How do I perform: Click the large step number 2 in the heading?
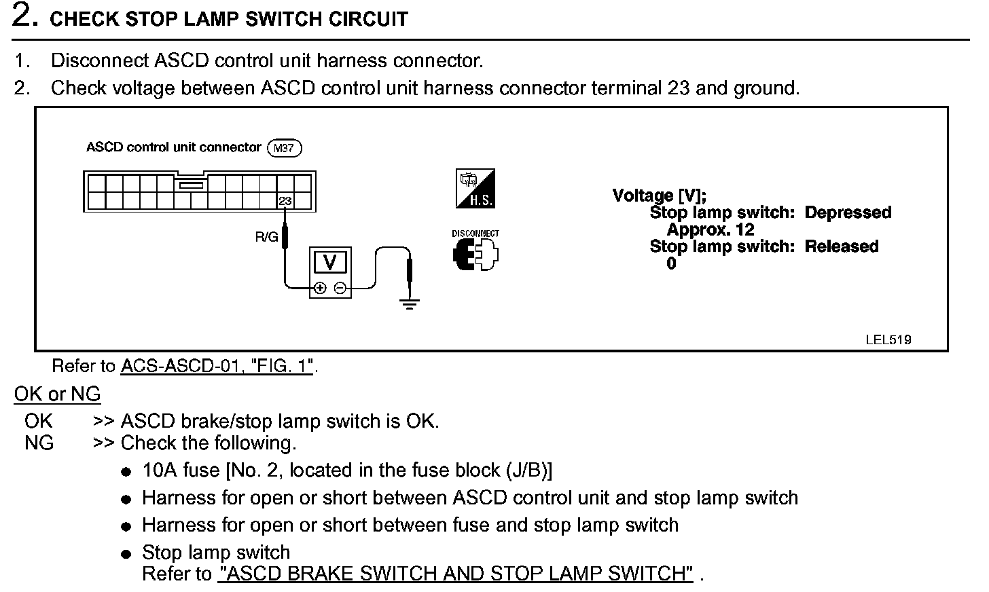(x=24, y=16)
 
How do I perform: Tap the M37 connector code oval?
(x=285, y=148)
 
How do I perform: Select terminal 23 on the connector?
(x=285, y=201)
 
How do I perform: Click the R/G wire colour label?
(x=266, y=238)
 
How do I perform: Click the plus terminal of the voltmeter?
(x=320, y=288)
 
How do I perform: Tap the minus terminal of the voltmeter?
(x=340, y=288)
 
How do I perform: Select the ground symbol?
(x=409, y=303)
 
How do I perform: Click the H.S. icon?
(x=475, y=189)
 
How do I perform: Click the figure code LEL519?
(x=888, y=339)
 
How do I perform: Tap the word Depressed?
(x=848, y=212)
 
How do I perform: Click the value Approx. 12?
(x=711, y=229)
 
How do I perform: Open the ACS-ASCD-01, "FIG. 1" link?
(x=217, y=366)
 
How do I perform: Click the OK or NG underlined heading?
(x=57, y=394)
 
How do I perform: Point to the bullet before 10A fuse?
(x=126, y=472)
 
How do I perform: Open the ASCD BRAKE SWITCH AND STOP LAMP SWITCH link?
(x=456, y=574)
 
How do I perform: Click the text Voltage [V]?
(x=659, y=196)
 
